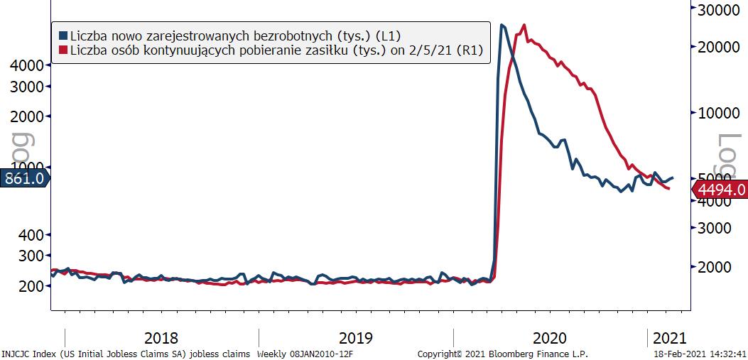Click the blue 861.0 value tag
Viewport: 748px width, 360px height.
coord(23,179)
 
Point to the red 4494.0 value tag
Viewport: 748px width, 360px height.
coord(720,190)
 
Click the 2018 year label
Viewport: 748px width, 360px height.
coord(161,338)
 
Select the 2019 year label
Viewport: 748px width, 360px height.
coord(355,338)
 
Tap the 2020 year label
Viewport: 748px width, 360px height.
coord(549,338)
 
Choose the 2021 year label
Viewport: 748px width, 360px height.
coord(668,338)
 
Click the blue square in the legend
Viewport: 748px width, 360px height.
coord(63,35)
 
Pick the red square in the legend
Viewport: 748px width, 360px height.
coord(63,50)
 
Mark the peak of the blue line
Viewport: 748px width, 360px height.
coord(502,25)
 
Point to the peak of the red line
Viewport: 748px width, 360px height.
coord(524,25)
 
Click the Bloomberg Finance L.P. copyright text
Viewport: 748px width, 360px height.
coord(503,354)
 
